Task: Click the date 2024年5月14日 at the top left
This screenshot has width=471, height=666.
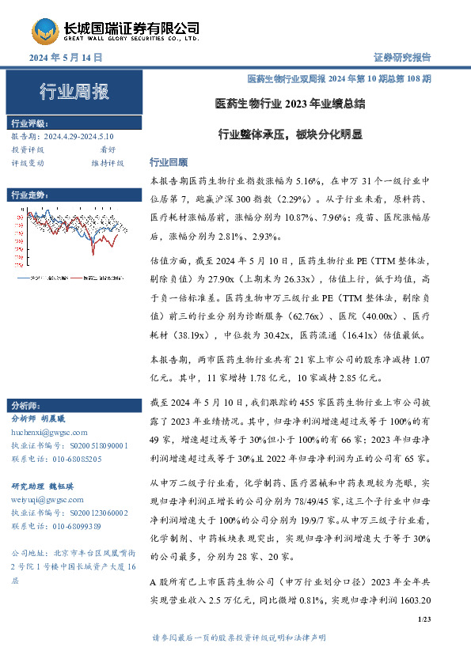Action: [x=66, y=58]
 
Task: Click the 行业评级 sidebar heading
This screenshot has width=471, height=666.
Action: [x=30, y=123]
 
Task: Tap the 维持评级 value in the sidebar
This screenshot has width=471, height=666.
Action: [x=108, y=163]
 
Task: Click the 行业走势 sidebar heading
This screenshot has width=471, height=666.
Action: [x=30, y=195]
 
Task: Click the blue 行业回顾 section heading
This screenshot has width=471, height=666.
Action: [x=166, y=162]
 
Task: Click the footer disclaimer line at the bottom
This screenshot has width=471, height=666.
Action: [x=237, y=638]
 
